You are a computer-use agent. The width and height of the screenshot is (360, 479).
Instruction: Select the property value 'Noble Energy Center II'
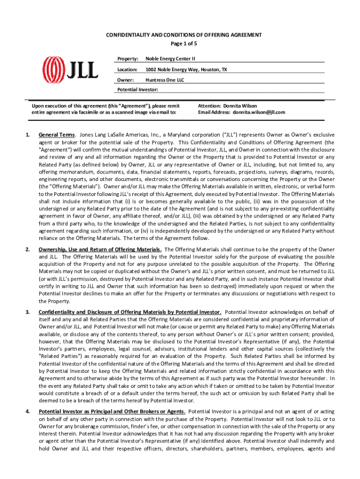(170, 58)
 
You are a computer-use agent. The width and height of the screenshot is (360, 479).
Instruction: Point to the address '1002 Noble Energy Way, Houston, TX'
(186, 69)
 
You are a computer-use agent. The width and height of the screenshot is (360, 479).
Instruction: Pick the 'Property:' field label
(127, 58)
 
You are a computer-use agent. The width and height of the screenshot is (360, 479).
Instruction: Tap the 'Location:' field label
(127, 69)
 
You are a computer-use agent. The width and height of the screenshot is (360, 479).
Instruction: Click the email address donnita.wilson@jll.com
(259, 112)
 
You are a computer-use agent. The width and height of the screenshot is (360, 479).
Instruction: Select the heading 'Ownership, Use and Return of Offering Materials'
(100, 249)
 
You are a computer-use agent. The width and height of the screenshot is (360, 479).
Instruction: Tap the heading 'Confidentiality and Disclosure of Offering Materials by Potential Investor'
(130, 312)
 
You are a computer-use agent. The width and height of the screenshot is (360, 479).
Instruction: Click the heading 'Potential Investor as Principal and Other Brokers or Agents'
(112, 411)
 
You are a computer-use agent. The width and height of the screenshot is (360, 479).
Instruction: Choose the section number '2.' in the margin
(28, 249)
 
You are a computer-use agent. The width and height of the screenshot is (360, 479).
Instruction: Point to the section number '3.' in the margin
(28, 312)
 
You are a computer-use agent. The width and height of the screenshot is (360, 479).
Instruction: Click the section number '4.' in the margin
(28, 411)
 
